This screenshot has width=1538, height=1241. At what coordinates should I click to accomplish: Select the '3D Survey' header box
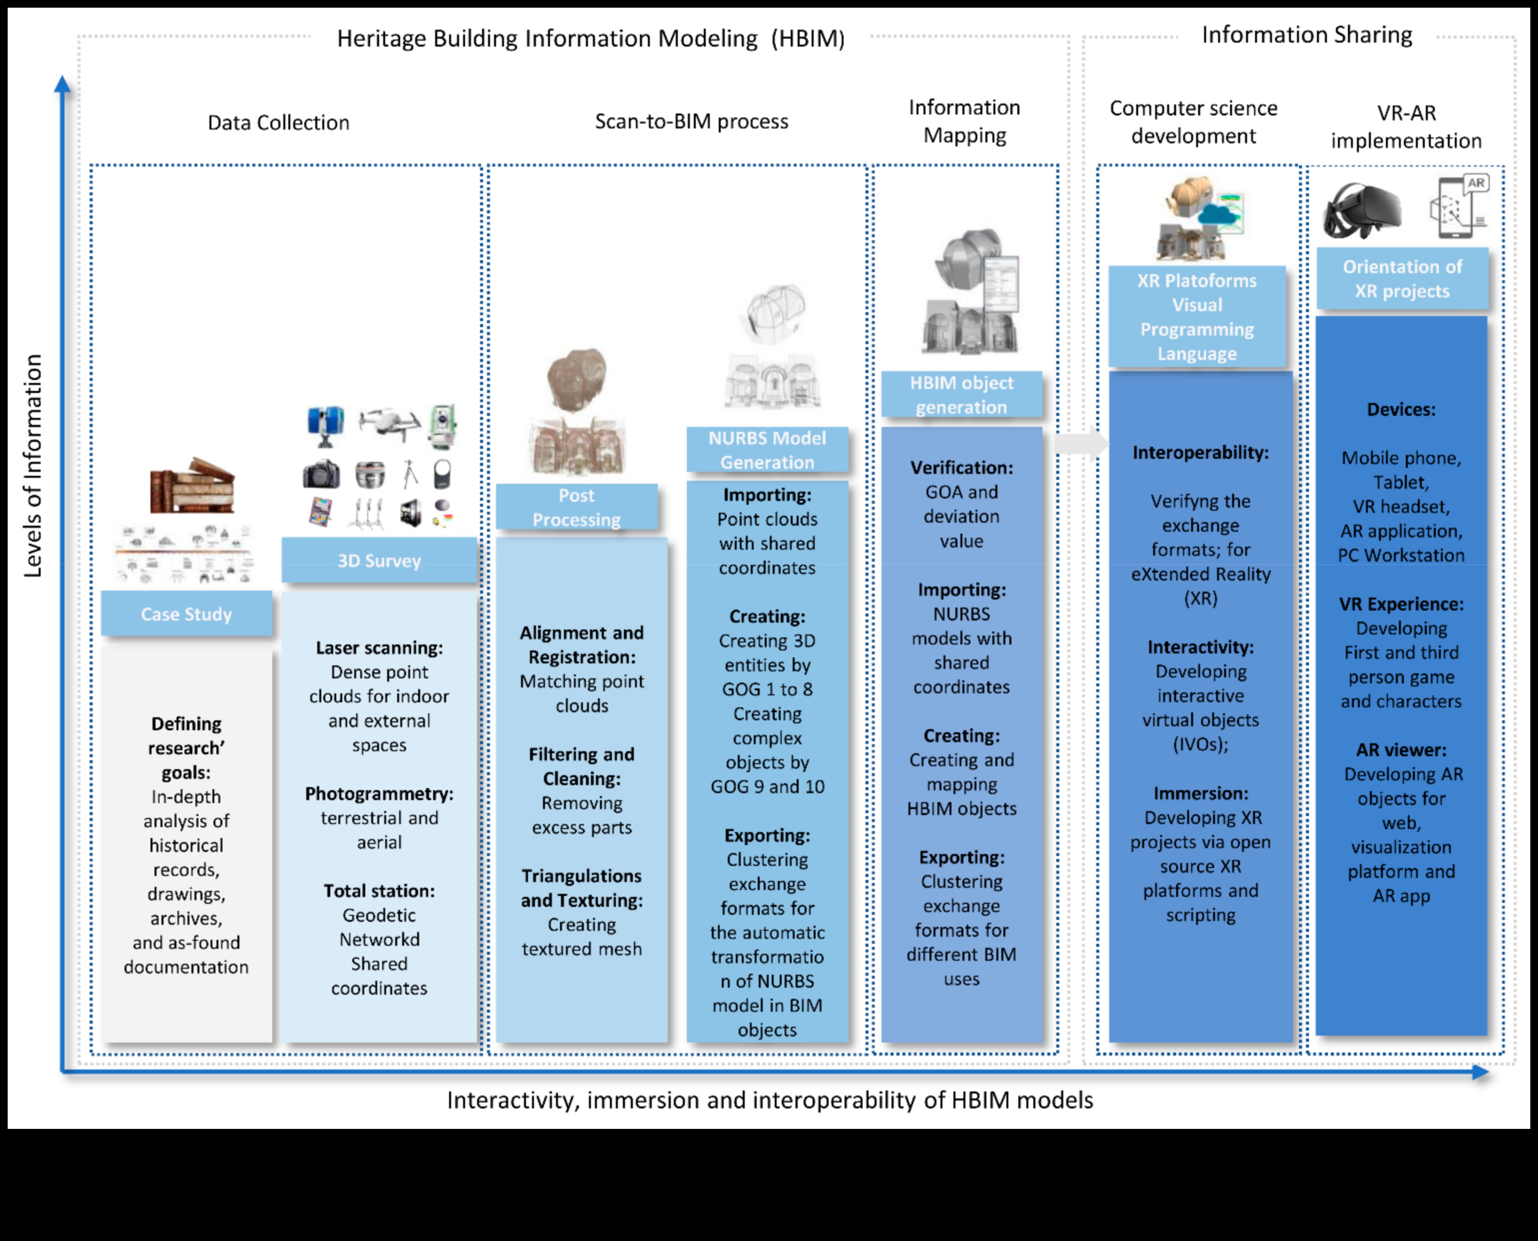[x=379, y=560]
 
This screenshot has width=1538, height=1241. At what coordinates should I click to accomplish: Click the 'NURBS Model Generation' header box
[x=767, y=450]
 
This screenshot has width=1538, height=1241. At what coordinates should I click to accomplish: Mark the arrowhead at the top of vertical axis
[x=63, y=84]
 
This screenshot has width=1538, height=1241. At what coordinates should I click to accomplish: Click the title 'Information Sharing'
[x=1306, y=34]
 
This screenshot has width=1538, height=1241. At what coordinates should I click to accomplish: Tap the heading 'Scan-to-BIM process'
[x=691, y=121]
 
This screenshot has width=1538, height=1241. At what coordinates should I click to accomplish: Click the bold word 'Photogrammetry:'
[x=379, y=794]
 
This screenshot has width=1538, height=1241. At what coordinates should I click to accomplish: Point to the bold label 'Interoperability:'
[x=1200, y=452]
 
